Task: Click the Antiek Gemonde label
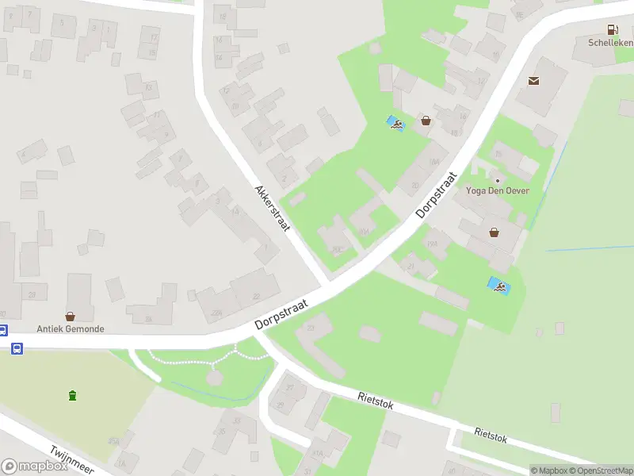point(70,328)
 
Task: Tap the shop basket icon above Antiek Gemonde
point(70,316)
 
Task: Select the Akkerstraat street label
point(271,208)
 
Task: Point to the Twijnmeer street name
point(71,459)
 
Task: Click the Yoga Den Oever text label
point(498,191)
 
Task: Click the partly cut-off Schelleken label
point(611,42)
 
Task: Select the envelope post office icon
point(533,80)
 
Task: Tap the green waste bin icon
point(73,395)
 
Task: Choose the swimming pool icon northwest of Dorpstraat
point(395,124)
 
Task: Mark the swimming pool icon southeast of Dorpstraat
point(498,286)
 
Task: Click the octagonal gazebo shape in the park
point(215,378)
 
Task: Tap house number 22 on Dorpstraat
point(256,296)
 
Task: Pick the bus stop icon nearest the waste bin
point(17,348)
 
